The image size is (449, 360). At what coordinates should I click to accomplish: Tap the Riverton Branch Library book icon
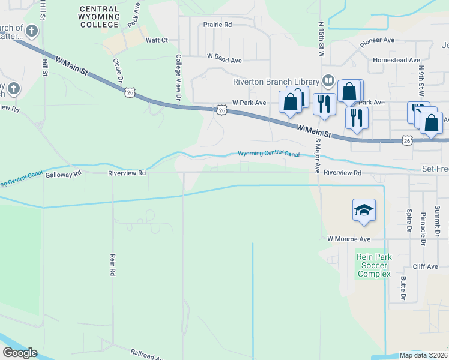coord(328,80)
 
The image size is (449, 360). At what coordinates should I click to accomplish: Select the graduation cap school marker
coord(364,210)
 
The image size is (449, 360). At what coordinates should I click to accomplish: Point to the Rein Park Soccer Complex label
coord(374,265)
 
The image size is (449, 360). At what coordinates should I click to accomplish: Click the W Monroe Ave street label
coord(348,238)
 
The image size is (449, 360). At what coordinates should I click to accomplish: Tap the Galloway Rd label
coord(63,174)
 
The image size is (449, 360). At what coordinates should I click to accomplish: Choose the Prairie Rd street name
coord(217,25)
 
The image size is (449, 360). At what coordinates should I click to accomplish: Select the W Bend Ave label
coord(224,60)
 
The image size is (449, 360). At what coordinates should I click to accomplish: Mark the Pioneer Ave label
coord(377,42)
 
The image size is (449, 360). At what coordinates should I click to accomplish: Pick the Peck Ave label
coord(133,11)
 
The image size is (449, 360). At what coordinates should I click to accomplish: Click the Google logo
coord(20,353)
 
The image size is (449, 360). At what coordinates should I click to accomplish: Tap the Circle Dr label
coord(119,70)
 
